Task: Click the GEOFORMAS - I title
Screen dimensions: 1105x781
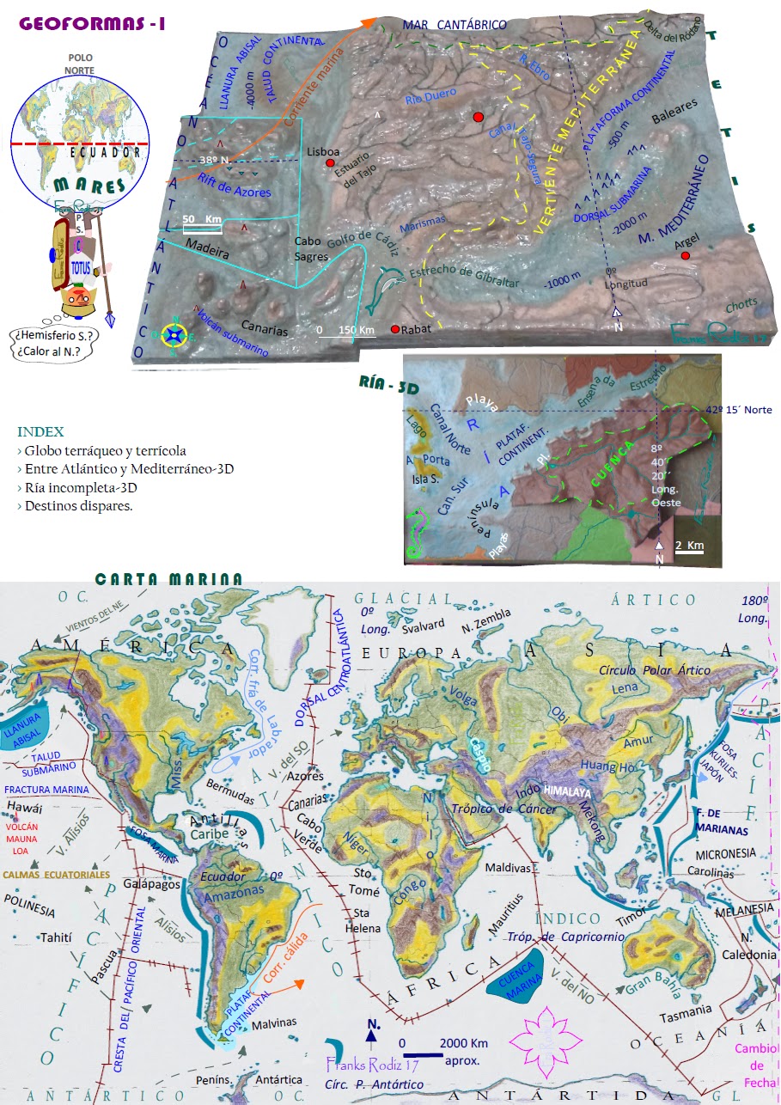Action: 92,24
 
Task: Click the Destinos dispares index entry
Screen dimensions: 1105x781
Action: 79,506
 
